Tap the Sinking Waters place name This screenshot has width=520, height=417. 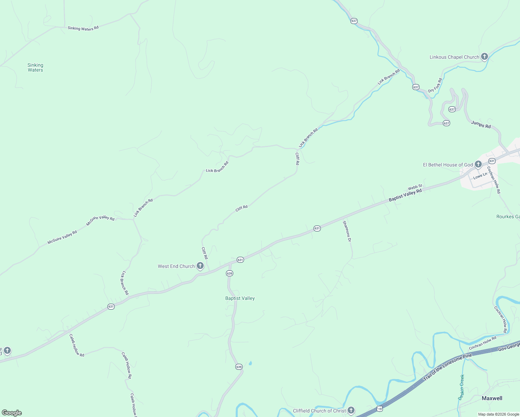35,67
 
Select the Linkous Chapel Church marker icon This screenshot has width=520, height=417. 485,57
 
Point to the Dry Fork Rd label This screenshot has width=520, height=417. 435,85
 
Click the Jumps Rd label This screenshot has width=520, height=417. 481,124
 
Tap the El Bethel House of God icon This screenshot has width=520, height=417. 478,164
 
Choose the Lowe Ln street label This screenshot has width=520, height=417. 480,176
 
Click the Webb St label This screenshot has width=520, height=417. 415,187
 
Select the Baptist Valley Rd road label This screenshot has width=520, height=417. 405,195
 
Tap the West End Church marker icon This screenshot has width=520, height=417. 200,266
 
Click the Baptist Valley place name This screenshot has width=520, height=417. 240,298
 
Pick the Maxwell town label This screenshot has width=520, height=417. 492,398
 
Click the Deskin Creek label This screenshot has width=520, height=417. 461,387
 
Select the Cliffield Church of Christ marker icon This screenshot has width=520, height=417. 351,410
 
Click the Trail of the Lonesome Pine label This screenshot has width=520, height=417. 448,367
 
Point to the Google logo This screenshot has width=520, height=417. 11,412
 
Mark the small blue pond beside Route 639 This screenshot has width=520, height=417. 250,364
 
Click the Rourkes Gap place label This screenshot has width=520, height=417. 508,216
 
